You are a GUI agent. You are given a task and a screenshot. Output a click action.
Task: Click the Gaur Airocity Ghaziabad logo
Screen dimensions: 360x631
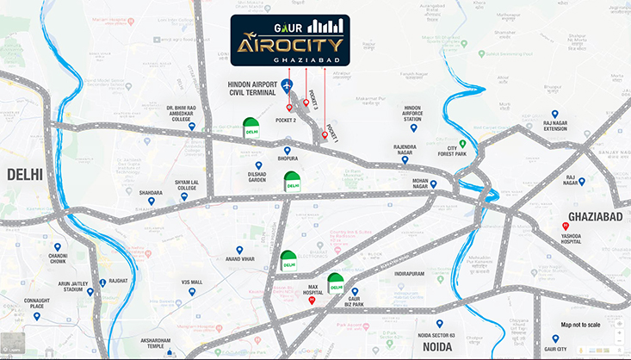(x=289, y=40)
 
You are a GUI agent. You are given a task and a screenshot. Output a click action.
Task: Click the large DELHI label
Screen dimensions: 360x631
(x=25, y=175)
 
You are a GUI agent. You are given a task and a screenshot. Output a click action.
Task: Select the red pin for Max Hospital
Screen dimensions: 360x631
(x=312, y=301)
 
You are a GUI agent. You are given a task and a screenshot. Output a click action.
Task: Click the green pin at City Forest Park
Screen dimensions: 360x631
(x=462, y=143)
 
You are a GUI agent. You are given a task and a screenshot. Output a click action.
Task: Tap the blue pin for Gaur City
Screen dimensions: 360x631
(x=555, y=338)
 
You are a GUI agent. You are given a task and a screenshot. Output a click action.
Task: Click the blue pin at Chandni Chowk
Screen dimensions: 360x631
(x=58, y=246)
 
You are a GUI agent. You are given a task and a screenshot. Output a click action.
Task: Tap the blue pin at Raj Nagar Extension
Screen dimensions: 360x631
(x=555, y=114)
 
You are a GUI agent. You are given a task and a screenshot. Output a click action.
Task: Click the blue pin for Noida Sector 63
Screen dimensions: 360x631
(x=439, y=323)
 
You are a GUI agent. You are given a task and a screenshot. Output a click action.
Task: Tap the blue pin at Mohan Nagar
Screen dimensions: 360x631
(x=434, y=183)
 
